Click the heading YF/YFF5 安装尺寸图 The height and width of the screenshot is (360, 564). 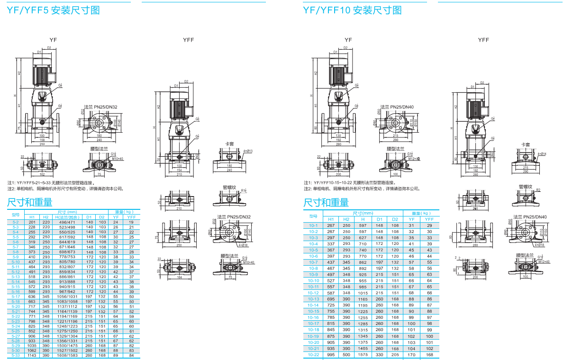tap(53, 10)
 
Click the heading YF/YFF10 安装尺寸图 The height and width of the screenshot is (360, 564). tap(352, 10)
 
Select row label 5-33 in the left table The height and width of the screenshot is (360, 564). tap(15, 355)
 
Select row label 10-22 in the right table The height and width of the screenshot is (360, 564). tap(314, 355)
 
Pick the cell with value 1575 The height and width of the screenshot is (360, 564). tap(363, 355)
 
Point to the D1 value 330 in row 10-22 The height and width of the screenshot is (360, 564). tap(380, 355)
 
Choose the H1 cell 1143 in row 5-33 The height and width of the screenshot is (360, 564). tap(32, 355)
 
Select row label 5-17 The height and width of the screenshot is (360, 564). tap(15, 296)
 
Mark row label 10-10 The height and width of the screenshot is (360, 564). tap(314, 280)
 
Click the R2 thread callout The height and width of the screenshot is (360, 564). tap(538, 190)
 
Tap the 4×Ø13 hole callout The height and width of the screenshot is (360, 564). tap(248, 151)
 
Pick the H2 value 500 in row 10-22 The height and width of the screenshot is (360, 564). tap(346, 355)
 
